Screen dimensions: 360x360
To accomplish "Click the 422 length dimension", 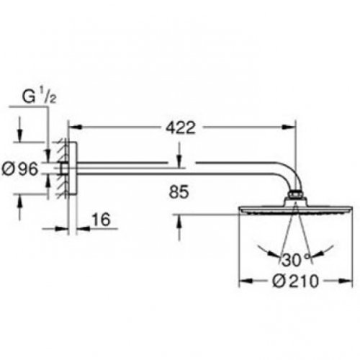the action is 181,127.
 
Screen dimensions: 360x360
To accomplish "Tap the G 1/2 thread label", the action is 39,96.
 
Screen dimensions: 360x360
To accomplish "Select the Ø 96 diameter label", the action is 20,168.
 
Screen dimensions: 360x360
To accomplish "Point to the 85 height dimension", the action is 179,192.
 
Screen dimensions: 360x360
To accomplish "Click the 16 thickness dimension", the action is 102,220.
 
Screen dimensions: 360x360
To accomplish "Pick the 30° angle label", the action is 296,260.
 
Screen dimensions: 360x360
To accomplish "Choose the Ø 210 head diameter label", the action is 296,281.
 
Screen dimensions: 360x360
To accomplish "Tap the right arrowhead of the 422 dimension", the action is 289,127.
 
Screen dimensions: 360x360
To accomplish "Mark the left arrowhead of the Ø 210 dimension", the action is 246,281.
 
